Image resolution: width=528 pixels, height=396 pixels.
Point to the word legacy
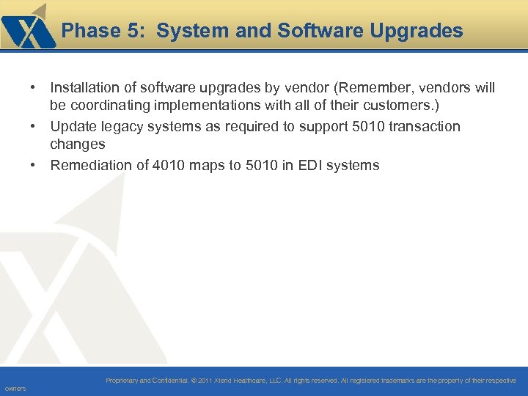pos(122,127)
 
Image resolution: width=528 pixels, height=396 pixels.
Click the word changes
pos(78,145)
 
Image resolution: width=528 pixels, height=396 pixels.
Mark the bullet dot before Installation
pos(34,88)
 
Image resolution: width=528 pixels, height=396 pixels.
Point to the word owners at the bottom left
pos(15,389)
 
